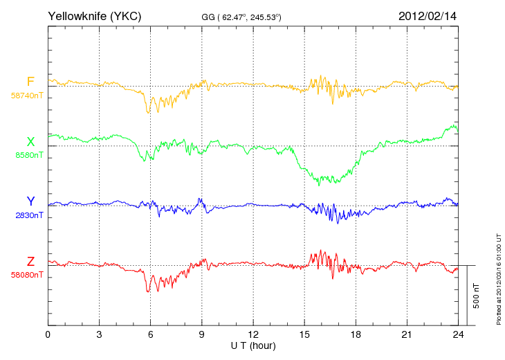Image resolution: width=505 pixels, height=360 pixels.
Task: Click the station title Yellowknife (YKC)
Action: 94,16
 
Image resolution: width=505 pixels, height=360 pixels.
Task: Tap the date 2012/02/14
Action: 428,16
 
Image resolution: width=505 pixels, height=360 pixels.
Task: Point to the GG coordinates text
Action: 241,17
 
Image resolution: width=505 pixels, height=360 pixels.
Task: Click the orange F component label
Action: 30,82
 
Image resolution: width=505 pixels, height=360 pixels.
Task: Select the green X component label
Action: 30,142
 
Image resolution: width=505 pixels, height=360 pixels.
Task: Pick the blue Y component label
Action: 30,201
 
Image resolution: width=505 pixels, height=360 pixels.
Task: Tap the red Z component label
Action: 30,262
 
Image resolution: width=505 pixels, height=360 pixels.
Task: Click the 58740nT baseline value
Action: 27,96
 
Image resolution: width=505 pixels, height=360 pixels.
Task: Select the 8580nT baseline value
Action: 29,155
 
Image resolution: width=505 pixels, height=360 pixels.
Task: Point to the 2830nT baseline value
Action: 29,215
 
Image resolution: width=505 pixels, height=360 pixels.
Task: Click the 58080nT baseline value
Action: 27,275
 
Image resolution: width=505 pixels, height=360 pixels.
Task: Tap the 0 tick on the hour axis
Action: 48,334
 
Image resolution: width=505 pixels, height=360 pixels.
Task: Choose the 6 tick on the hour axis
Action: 150,334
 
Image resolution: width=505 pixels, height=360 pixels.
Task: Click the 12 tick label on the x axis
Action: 253,334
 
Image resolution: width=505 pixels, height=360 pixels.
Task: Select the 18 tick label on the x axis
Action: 356,334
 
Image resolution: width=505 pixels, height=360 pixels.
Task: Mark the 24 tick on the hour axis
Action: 458,334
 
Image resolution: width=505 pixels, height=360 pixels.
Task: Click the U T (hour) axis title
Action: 253,346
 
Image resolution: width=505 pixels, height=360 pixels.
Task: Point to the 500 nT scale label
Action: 477,296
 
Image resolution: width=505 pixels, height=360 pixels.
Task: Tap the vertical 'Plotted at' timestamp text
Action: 499,279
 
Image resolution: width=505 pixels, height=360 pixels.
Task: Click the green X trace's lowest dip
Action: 319,186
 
